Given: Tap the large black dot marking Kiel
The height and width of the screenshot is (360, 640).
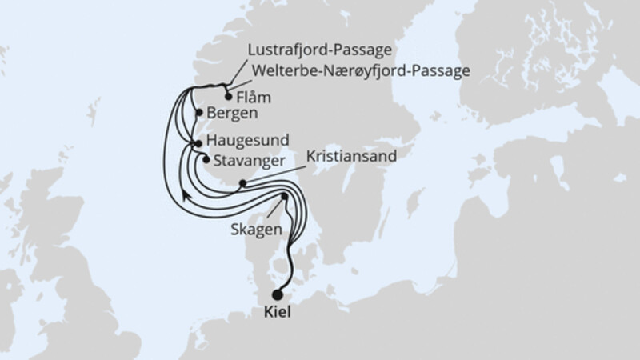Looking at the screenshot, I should (278, 294).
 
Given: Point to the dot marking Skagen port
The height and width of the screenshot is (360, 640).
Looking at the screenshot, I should (284, 196).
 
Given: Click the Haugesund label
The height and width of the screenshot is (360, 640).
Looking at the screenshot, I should (247, 139).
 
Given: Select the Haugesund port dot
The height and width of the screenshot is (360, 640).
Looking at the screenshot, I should (198, 142).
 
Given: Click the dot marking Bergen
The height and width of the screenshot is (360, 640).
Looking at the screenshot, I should (198, 113).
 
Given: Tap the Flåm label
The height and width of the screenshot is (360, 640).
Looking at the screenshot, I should (255, 98).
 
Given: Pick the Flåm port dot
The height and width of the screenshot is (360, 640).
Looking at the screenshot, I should (228, 97).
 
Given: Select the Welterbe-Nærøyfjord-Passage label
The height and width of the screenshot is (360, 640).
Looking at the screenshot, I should (360, 71).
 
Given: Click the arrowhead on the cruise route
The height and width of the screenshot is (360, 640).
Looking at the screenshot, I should (186, 194).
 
